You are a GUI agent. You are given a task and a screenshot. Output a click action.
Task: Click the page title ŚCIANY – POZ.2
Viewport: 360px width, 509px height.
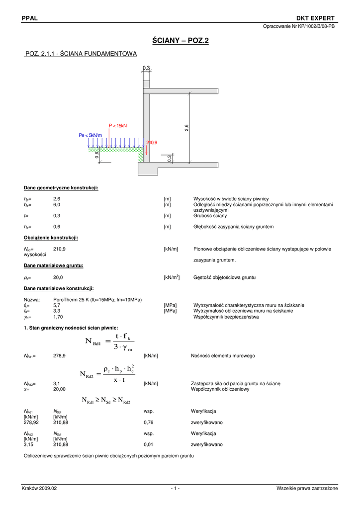(x=180, y=41)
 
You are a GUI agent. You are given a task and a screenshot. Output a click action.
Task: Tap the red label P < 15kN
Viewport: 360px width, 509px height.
(x=118, y=126)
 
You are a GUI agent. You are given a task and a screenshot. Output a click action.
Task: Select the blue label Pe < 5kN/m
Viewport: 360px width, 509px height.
(x=90, y=135)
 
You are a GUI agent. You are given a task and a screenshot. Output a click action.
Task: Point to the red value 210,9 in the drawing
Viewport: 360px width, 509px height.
(x=152, y=143)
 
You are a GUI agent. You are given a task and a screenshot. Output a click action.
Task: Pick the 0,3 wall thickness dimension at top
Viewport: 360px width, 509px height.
(x=146, y=68)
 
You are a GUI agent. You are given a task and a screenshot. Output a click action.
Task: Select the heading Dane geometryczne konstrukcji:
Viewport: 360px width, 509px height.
(x=61, y=187)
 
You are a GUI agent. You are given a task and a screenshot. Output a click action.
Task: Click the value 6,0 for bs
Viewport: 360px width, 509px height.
(x=57, y=204)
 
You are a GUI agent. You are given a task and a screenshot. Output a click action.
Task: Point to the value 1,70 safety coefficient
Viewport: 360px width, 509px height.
(x=58, y=317)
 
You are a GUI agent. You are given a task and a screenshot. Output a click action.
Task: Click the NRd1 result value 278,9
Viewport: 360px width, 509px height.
(x=59, y=356)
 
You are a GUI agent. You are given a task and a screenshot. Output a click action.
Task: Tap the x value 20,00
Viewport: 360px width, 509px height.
(x=59, y=389)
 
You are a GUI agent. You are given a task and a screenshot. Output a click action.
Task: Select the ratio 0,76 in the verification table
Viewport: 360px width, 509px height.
(x=148, y=422)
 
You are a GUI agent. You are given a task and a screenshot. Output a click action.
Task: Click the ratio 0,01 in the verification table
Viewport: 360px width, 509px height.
(x=148, y=444)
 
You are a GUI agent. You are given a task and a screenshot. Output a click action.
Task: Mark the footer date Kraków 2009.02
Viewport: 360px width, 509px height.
(x=39, y=488)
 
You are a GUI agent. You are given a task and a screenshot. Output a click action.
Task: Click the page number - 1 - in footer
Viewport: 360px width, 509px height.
(x=175, y=488)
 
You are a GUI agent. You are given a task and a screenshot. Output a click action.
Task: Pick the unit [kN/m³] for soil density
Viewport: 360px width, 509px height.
(x=172, y=277)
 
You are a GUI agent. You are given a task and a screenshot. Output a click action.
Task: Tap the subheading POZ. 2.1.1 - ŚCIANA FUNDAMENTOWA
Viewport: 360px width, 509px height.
(x=81, y=53)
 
